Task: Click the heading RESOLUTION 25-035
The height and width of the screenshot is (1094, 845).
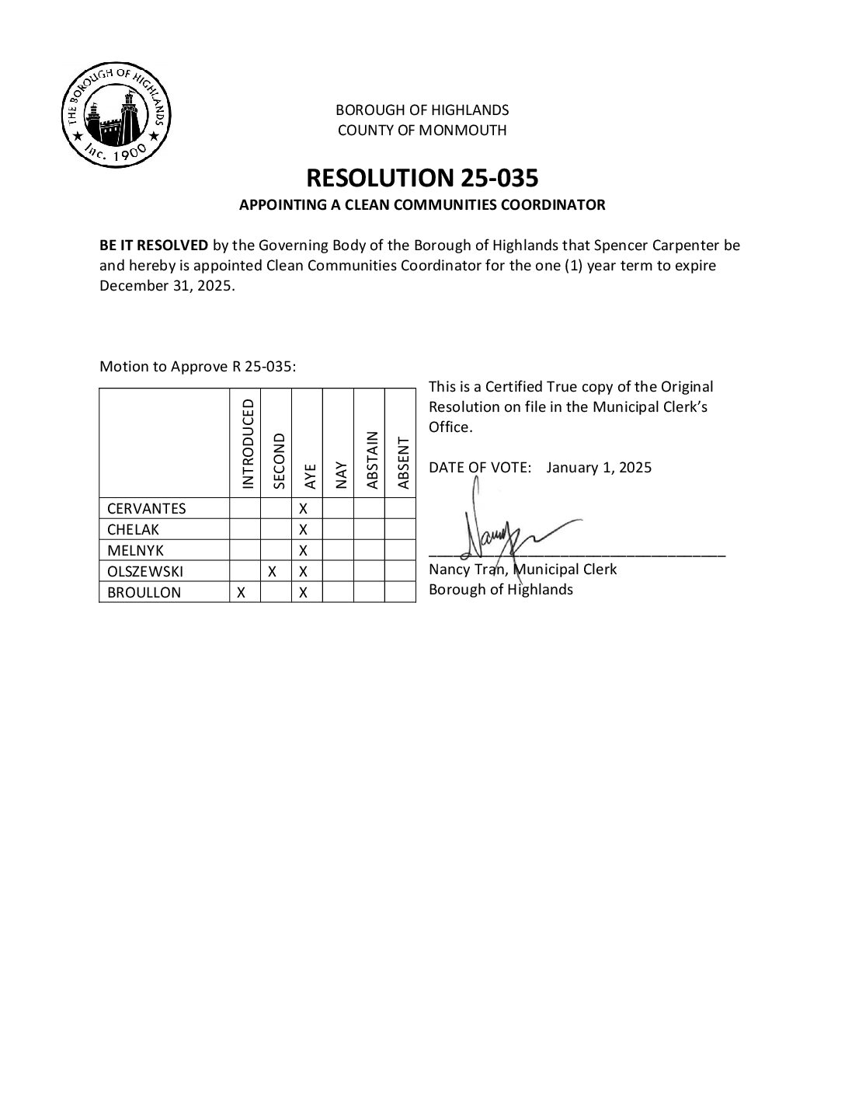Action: click(x=422, y=178)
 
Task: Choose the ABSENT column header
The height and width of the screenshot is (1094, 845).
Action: click(x=403, y=463)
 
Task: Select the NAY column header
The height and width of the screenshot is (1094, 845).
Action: click(x=341, y=475)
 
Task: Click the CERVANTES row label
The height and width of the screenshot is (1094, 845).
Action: click(x=147, y=509)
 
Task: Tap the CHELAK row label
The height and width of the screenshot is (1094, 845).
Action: click(x=133, y=530)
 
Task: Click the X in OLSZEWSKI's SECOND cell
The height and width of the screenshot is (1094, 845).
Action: click(x=273, y=572)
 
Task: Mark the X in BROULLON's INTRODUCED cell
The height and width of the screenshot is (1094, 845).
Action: click(x=242, y=593)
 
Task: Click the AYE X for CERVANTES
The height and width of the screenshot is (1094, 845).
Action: click(x=304, y=509)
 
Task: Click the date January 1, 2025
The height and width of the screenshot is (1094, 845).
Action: click(x=599, y=468)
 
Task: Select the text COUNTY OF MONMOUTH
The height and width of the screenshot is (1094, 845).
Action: click(x=422, y=131)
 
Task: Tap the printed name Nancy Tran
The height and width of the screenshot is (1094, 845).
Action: click(x=468, y=570)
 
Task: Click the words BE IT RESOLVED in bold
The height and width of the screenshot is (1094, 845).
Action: click(x=154, y=246)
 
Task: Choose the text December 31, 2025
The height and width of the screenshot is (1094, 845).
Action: click(x=165, y=286)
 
